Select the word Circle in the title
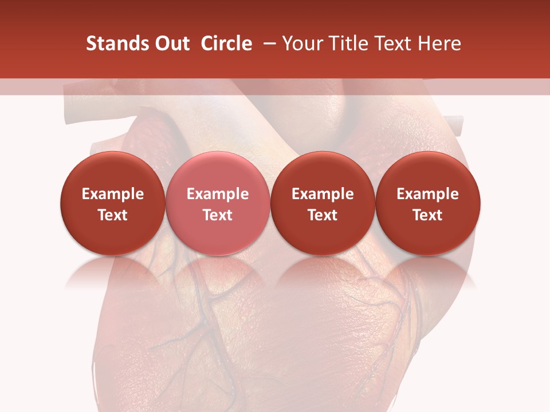point(226,43)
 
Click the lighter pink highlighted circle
point(217,203)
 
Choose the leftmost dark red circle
point(112,203)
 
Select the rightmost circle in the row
point(428,203)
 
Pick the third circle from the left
point(323,203)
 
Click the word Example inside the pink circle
point(218,194)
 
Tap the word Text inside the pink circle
point(218,215)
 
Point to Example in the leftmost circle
point(113,194)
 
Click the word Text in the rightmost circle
point(428,215)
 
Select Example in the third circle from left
point(323,194)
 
